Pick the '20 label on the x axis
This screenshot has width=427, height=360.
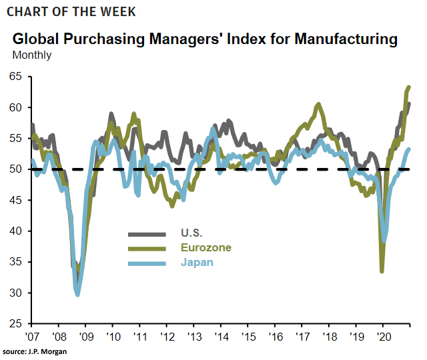pos(383,335)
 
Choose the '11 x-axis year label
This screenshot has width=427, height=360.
pos(140,335)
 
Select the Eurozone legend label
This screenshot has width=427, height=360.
pos(205,247)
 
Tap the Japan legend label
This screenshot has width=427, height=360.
pos(197,262)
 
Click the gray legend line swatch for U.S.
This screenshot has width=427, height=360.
pos(147,233)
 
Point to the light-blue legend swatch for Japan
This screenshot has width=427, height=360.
pos(147,262)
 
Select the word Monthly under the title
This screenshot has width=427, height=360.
pos(32,55)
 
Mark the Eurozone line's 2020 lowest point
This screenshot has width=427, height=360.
pos(382,271)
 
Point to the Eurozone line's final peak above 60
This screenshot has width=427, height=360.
pos(409,87)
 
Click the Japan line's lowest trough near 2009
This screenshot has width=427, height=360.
pos(78,294)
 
